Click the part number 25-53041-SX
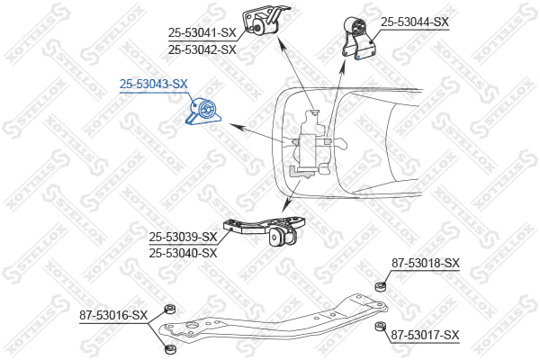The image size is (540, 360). (202, 33)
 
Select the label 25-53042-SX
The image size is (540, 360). (202, 50)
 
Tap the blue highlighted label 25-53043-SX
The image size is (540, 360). (154, 84)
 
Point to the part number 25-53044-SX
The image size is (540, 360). (415, 22)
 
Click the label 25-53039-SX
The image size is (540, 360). (184, 237)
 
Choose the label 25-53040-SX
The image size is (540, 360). (184, 253)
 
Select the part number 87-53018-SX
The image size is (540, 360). (426, 263)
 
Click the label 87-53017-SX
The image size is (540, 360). (426, 335)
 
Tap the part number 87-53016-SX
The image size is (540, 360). (113, 315)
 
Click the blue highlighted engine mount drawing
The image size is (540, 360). (202, 112)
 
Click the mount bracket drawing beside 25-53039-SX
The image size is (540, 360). (264, 230)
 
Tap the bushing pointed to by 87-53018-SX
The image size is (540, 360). (380, 286)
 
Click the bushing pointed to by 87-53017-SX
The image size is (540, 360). (380, 326)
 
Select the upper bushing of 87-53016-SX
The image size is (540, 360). (169, 309)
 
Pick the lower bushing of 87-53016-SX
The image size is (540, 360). (169, 349)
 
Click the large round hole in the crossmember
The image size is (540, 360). (192, 326)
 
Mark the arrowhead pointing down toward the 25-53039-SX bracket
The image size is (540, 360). (285, 207)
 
